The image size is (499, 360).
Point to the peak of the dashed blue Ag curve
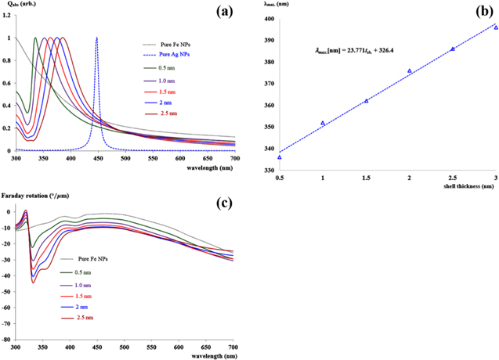pos(96,38)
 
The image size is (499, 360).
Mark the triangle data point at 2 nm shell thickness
pos(410,71)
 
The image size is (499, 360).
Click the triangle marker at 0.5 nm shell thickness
pos(280,157)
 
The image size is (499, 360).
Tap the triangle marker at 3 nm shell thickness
pos(496,27)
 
